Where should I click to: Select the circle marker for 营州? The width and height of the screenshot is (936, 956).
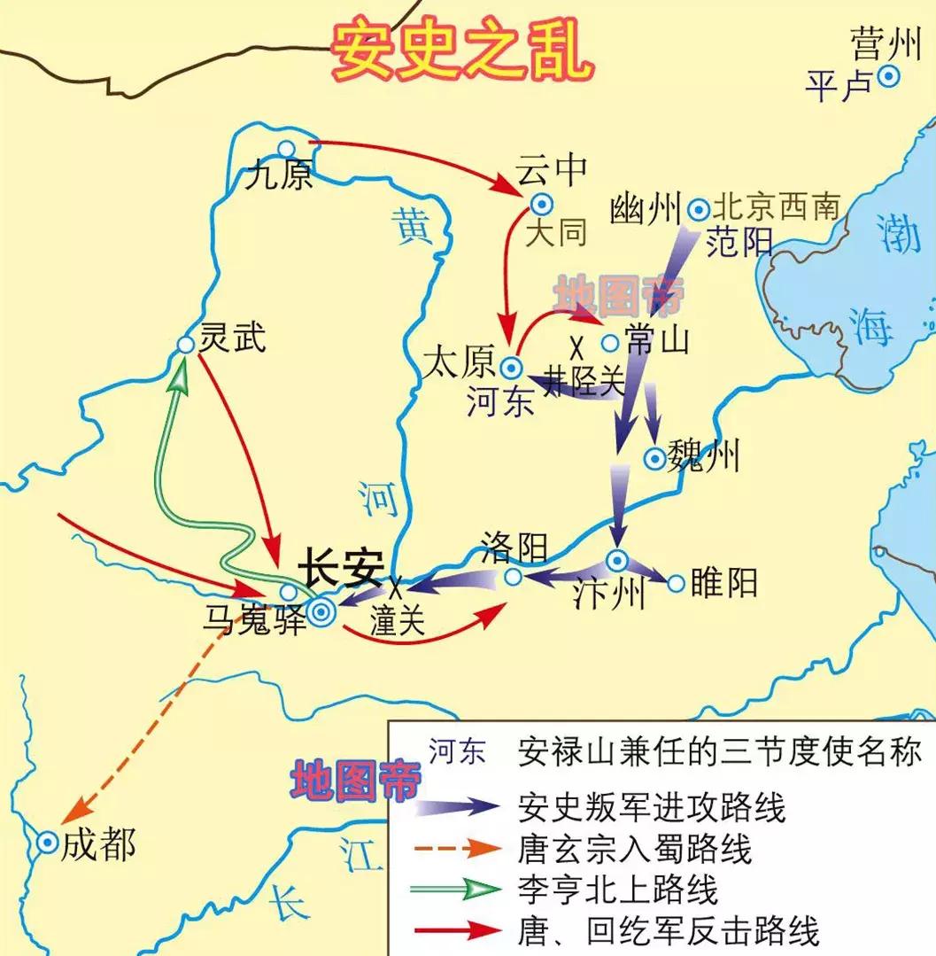click(x=889, y=77)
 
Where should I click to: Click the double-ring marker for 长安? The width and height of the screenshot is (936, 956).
click(x=321, y=610)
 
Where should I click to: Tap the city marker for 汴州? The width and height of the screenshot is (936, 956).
click(x=616, y=560)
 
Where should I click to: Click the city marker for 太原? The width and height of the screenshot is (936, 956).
click(x=511, y=367)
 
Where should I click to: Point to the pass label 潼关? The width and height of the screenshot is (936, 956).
click(x=398, y=621)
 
